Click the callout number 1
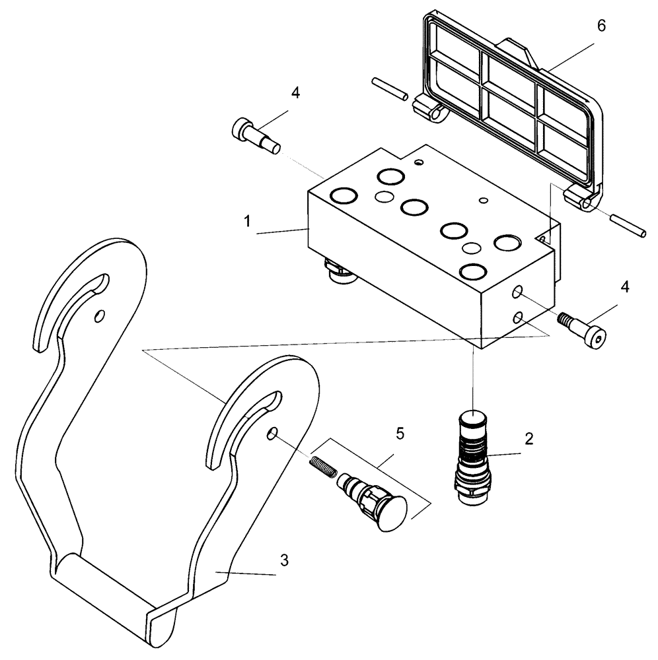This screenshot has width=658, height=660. pyautogui.click(x=247, y=221)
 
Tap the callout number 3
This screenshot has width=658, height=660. pyautogui.click(x=284, y=562)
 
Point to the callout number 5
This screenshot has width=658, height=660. pyautogui.click(x=400, y=433)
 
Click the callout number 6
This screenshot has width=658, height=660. pyautogui.click(x=600, y=26)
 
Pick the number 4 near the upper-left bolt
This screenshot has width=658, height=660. pyautogui.click(x=295, y=93)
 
